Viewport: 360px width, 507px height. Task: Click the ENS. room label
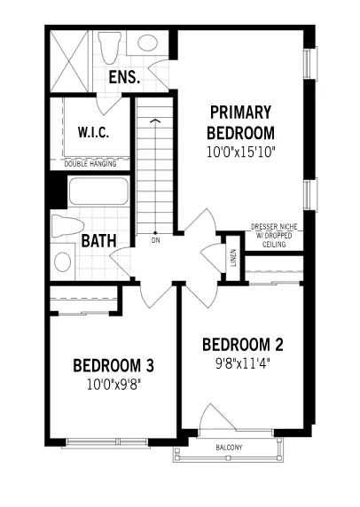[124, 77]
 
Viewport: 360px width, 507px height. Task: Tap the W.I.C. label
[93, 132]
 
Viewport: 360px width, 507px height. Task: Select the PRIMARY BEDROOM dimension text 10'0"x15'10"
[241, 152]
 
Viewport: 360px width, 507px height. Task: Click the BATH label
[98, 240]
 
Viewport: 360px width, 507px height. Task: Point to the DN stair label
[155, 240]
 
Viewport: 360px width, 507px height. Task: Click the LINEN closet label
[233, 258]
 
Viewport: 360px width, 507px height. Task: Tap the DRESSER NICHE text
[274, 227]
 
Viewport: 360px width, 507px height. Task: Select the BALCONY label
[229, 448]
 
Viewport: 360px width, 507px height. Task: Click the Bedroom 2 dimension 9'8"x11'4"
[243, 364]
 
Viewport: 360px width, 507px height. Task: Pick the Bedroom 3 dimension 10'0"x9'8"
[114, 385]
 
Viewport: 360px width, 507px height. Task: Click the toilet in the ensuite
[110, 47]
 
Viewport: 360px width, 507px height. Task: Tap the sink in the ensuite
[148, 43]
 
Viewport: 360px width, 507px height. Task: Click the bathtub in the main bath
[98, 191]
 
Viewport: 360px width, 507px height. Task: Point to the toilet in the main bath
[67, 226]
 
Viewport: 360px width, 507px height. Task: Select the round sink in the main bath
[63, 261]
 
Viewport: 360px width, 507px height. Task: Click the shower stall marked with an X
[69, 61]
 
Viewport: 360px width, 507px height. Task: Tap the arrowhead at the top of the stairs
[155, 121]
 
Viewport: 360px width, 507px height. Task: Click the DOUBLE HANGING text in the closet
[90, 164]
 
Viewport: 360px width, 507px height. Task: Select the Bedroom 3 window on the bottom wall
[106, 442]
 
